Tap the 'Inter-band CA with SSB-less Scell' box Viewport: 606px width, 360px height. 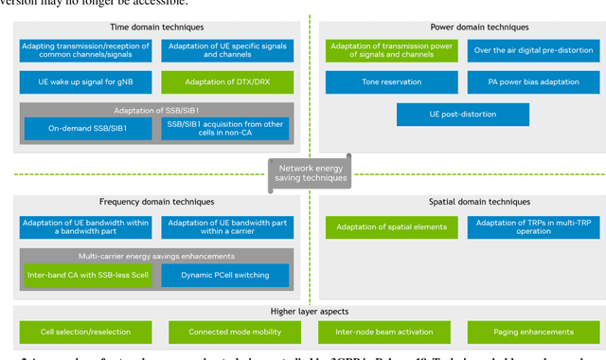87,276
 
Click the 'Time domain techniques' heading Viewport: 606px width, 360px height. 156,27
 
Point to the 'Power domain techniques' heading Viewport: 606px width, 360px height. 454,27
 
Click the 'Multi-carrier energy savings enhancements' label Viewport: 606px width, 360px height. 155,257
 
